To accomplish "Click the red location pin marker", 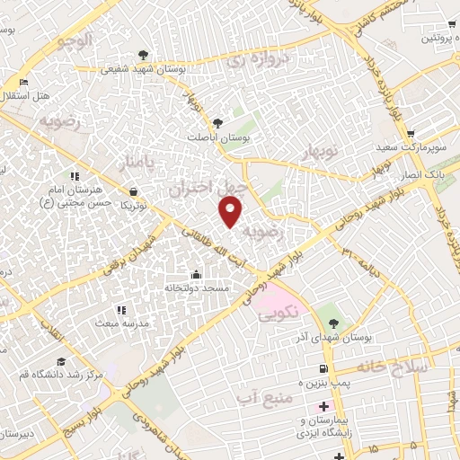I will (232, 211).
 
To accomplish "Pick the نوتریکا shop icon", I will (134, 191).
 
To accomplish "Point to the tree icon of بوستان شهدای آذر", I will (334, 323).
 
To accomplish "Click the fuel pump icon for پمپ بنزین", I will (321, 369).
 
